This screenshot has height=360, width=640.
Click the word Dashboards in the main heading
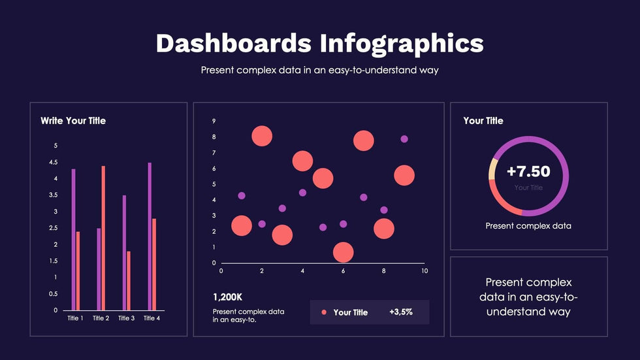coord(233,43)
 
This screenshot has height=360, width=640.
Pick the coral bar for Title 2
coord(103,238)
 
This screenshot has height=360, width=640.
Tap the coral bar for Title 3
coord(129,280)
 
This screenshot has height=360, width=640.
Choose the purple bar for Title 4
coord(150,236)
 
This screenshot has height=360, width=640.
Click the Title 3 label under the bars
coord(126,318)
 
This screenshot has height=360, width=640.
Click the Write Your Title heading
coord(73,121)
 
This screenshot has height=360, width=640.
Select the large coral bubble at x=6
coord(343,252)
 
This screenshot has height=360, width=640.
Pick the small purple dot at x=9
coord(404,139)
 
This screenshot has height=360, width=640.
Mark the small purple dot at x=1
coord(242,195)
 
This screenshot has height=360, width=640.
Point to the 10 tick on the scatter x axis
coord(424,270)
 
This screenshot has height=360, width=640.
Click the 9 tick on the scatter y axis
coord(214,122)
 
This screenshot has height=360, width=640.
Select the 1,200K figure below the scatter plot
coord(227,296)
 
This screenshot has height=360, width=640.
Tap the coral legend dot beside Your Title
coord(323,312)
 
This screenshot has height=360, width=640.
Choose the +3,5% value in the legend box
coord(401,312)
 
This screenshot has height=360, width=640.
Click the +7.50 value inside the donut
coord(528,172)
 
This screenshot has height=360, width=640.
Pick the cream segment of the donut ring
coord(491,169)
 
